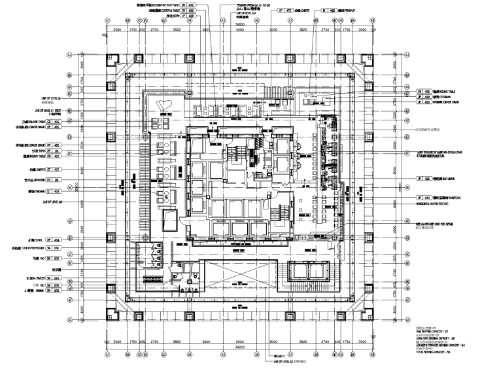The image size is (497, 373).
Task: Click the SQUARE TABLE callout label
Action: [x=33, y=122]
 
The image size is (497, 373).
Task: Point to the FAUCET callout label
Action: [x=33, y=278]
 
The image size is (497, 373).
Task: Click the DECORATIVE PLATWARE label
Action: [x=156, y=6]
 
